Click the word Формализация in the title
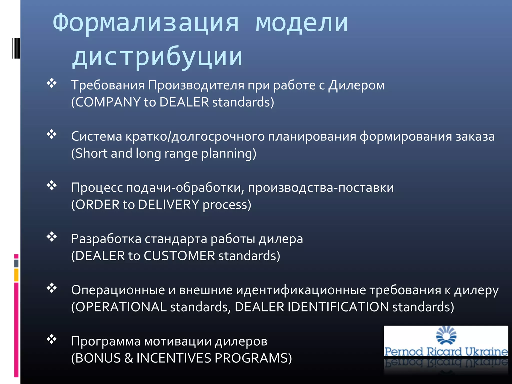point(145,23)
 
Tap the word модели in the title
point(301,23)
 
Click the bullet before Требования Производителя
point(52,83)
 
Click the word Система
point(96,136)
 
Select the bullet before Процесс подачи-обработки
point(52,185)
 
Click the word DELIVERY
point(168,204)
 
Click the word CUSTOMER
point(179,256)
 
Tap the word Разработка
point(106,239)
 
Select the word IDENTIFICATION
point(338,307)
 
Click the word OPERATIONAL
point(121,307)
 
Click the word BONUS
point(98,358)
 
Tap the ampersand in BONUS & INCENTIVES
point(128,358)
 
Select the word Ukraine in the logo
point(486,351)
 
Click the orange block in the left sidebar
point(16,275)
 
